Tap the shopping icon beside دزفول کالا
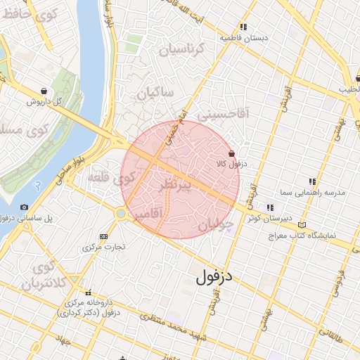point(232,153)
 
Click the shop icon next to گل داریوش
point(44,91)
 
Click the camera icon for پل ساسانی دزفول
point(25,207)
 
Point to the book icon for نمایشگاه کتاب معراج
point(302,225)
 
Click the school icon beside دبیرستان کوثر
point(269,207)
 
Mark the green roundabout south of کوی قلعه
point(121,212)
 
